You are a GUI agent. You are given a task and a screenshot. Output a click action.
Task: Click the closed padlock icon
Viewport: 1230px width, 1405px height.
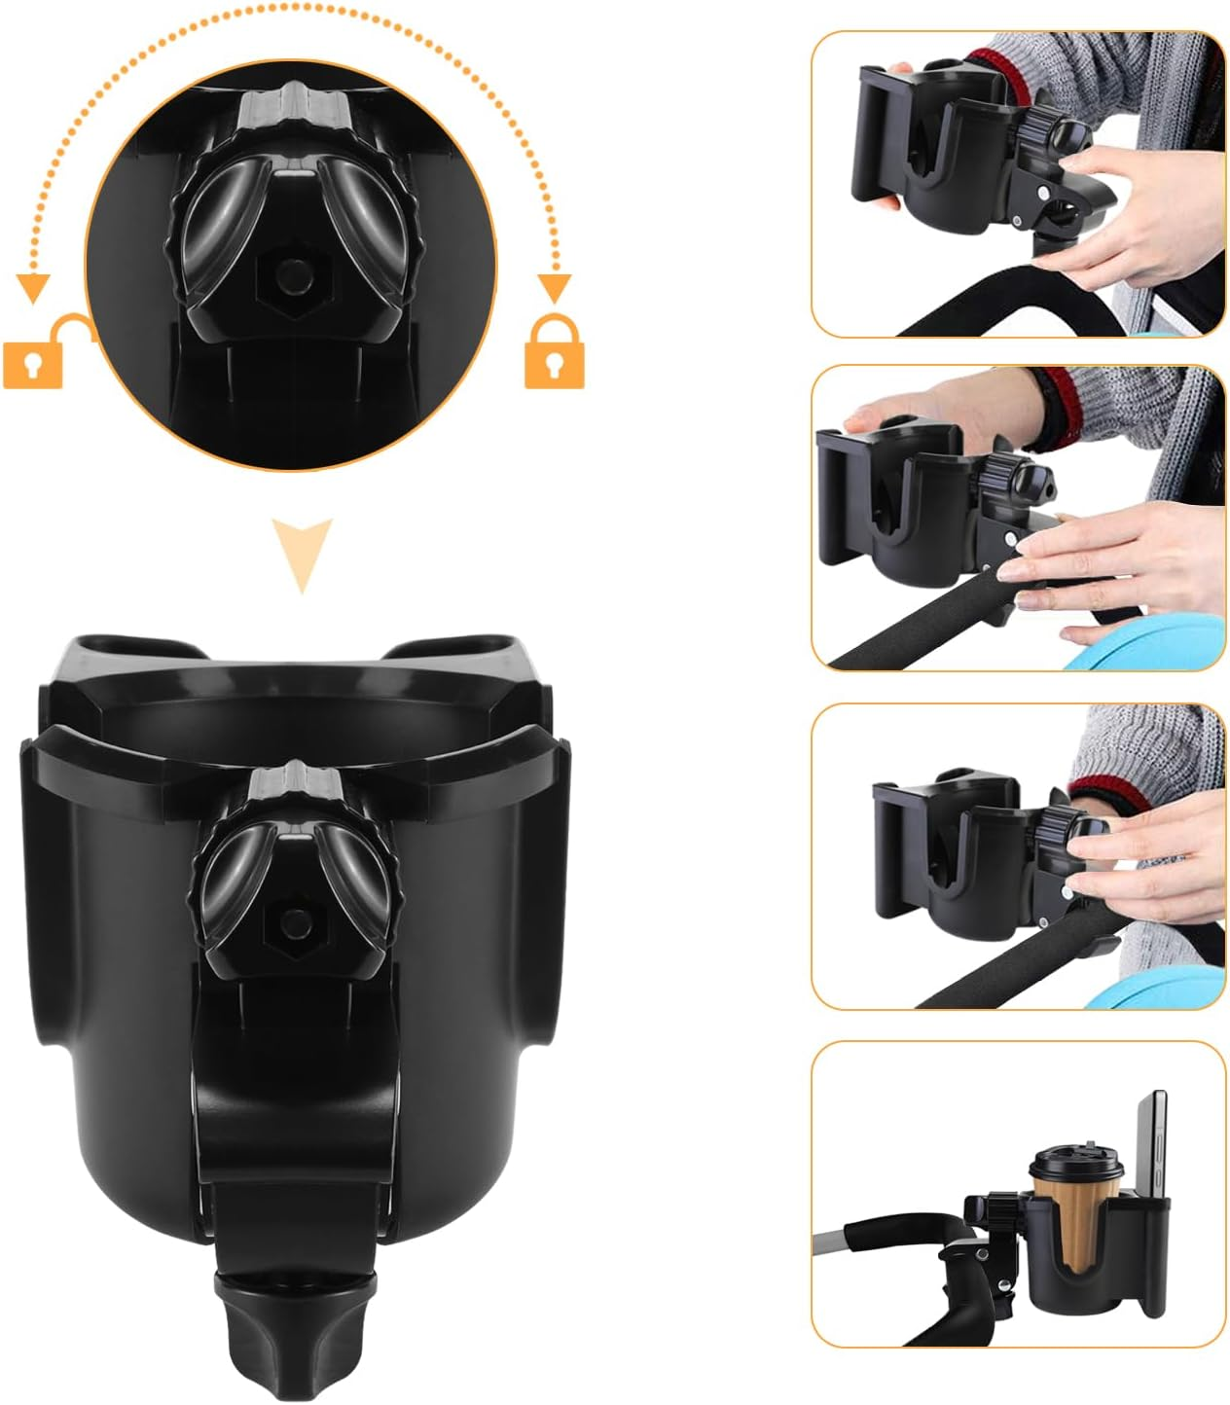pos(554,355)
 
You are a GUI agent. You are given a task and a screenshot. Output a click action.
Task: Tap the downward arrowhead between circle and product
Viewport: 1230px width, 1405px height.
pos(302,553)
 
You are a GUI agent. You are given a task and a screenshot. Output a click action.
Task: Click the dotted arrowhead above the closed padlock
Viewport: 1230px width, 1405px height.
pos(555,286)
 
